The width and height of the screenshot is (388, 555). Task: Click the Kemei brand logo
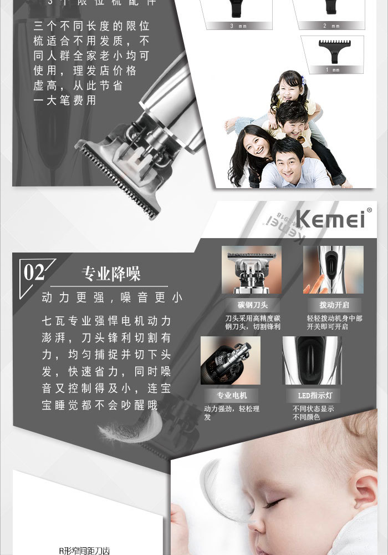click(x=330, y=218)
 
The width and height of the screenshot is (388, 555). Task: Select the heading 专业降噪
click(x=111, y=274)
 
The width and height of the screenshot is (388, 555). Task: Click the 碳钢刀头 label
click(x=253, y=305)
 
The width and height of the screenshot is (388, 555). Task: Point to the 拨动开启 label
click(x=333, y=305)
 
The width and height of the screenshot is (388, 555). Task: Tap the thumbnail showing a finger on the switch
click(x=333, y=270)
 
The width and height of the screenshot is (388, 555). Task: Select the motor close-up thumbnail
click(x=231, y=361)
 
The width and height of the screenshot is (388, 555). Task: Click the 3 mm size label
click(x=233, y=26)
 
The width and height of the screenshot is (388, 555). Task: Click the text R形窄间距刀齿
click(x=84, y=551)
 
